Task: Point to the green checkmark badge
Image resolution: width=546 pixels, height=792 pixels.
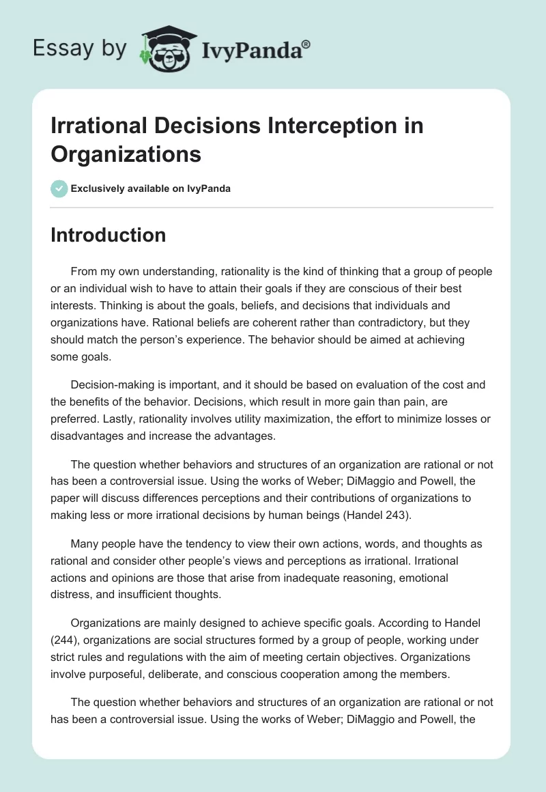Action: click(59, 188)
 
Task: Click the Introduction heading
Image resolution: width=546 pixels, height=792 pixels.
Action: click(109, 235)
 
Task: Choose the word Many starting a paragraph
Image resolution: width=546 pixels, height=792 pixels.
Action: click(85, 545)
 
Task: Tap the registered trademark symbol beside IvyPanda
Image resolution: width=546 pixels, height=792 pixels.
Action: click(306, 44)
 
